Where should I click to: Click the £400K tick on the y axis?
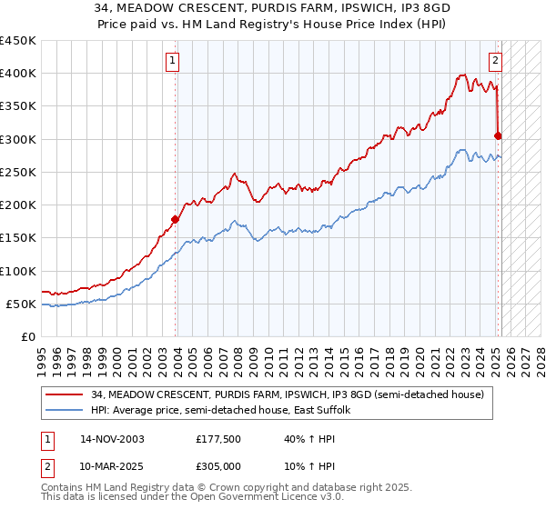(18, 74)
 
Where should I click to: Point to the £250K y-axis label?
(18, 172)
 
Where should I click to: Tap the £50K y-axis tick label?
(22, 304)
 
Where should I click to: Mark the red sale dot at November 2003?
(176, 219)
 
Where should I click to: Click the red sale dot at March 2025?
(498, 136)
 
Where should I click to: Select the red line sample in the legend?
(66, 395)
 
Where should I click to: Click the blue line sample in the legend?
(66, 411)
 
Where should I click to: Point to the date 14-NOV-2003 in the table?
(112, 439)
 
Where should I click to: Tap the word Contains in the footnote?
(64, 489)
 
